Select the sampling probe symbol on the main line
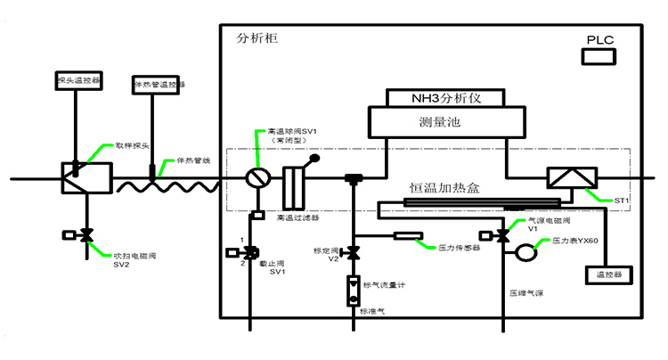point(85,176)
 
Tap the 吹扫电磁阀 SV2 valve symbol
point(87,236)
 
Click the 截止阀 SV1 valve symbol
point(252,252)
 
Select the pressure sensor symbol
point(409,236)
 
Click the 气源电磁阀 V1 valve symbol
point(503,236)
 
